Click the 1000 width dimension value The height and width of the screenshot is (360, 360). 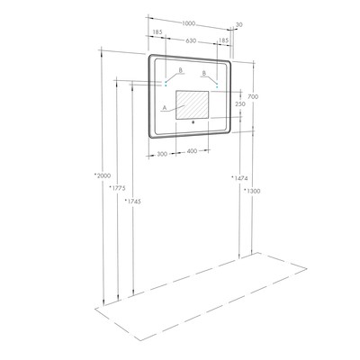coord(189,23)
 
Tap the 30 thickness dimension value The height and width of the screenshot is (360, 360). coord(239,25)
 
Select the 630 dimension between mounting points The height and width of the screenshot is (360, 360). coord(191,40)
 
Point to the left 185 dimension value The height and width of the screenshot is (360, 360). coord(157,31)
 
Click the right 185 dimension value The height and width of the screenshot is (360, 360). coord(223,40)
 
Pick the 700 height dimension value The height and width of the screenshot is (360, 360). coord(253,96)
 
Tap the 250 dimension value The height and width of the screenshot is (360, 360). coord(240,104)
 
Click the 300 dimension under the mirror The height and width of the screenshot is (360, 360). coord(162,154)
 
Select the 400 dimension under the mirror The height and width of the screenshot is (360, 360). coord(192,151)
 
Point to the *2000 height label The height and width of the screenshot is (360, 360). coord(103,175)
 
